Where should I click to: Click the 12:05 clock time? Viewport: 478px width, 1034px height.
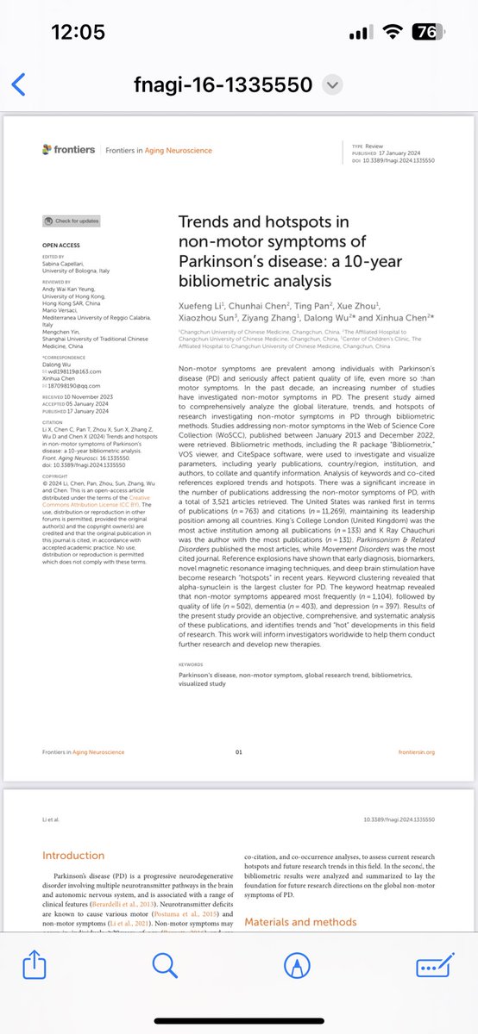[x=78, y=32]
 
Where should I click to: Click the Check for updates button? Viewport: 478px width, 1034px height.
[x=72, y=221]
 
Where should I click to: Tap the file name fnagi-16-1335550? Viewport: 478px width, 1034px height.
[x=226, y=84]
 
